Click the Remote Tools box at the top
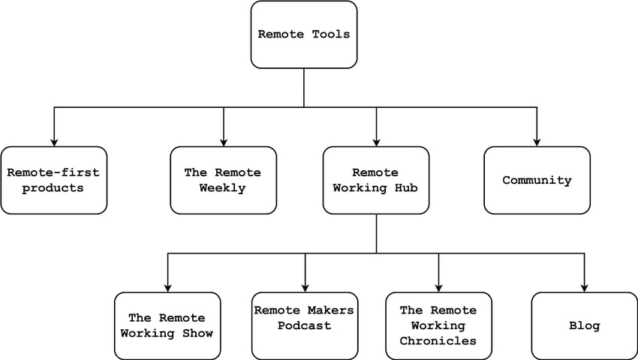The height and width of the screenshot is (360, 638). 303,34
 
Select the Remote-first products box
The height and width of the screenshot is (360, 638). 53,180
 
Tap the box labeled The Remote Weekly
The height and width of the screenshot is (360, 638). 223,180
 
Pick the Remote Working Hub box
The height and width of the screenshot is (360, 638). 376,180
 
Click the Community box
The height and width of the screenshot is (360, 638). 537,180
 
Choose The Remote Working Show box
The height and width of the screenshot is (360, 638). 167,325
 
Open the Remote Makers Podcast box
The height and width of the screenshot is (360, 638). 305,325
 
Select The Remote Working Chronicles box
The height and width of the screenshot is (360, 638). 438,325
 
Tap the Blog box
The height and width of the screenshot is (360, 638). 585,325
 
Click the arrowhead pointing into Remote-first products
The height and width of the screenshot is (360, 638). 54,141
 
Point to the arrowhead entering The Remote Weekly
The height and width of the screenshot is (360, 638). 224,141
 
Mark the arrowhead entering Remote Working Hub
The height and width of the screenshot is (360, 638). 377,141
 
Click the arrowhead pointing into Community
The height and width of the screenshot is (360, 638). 537,141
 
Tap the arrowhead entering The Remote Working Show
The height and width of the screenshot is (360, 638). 167,286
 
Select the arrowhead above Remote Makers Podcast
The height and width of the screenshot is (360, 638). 305,286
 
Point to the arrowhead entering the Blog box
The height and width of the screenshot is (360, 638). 585,286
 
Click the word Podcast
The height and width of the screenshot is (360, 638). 305,325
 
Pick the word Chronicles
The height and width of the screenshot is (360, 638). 438,340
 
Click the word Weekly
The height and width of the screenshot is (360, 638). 223,187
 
